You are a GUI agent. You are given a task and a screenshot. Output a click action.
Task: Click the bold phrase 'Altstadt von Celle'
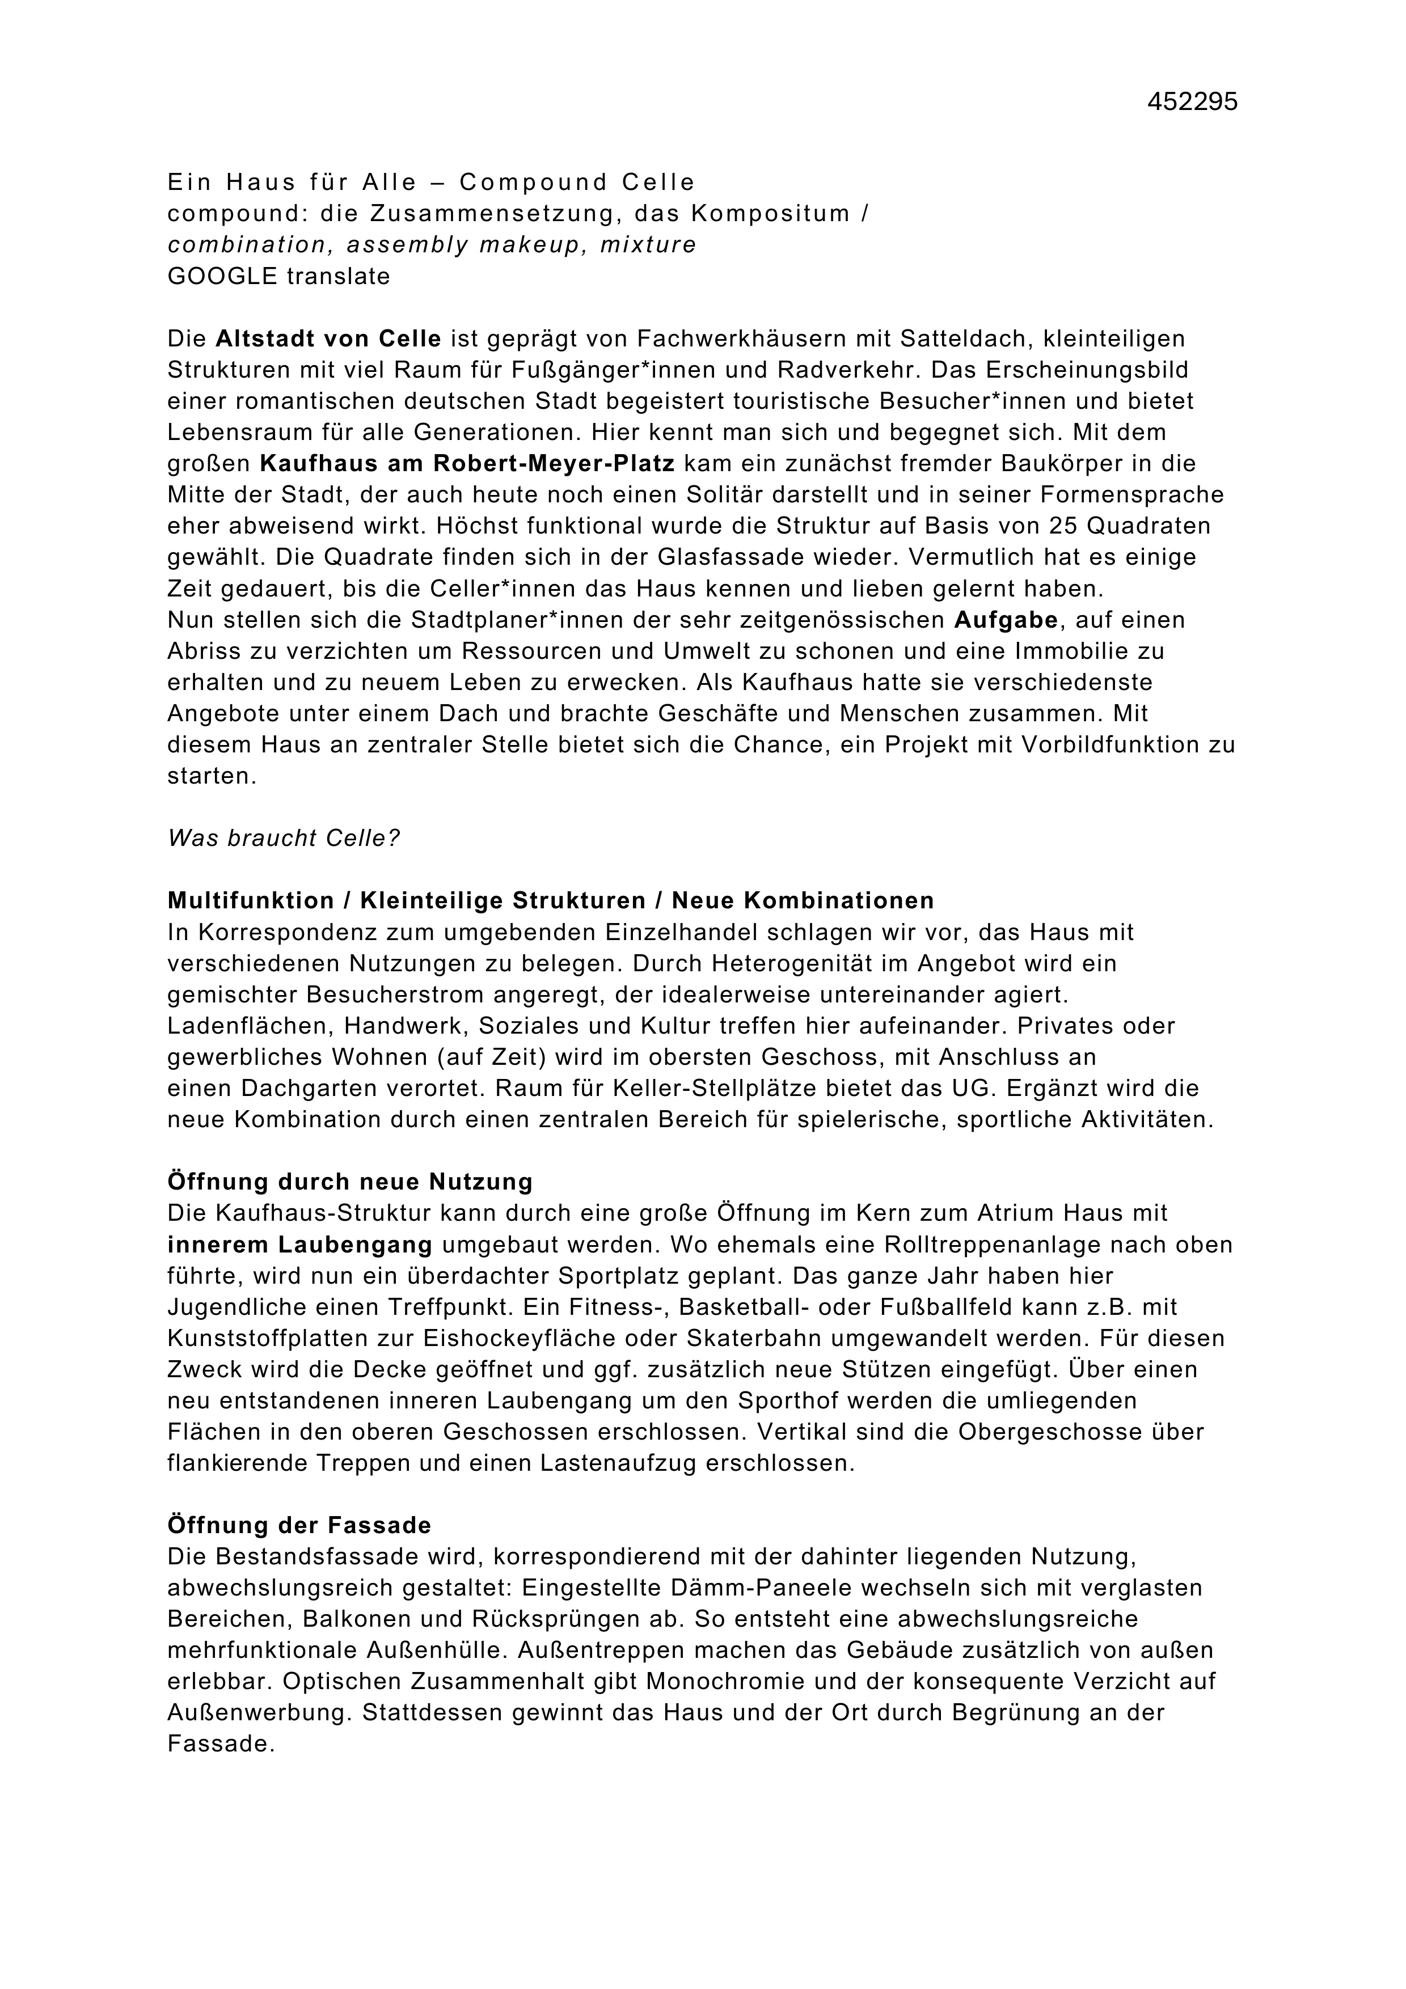coord(328,338)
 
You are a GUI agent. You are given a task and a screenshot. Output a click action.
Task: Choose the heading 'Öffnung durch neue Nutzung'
coord(350,1182)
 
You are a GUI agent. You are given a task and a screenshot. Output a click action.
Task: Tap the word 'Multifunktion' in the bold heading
coord(250,901)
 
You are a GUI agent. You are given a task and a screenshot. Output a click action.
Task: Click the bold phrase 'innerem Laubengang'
coord(299,1245)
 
